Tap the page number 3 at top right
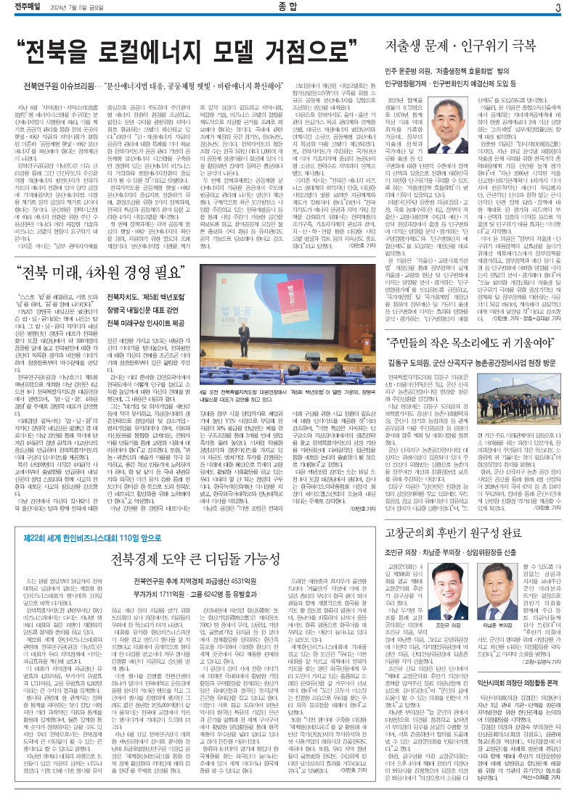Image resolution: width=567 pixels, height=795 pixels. [x=558, y=7]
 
